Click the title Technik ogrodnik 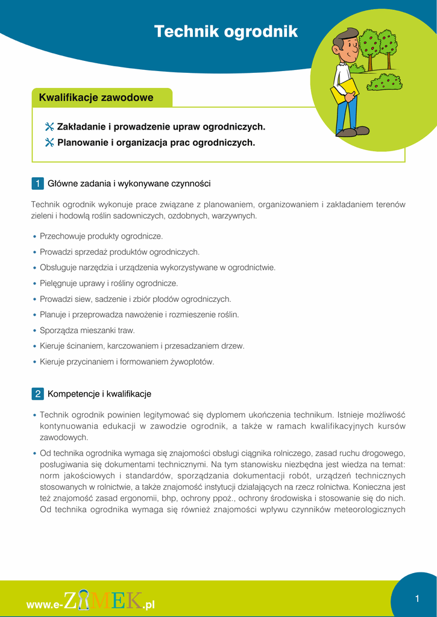226,31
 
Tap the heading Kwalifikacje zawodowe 96,98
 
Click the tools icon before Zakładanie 49,127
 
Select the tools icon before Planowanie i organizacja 49,143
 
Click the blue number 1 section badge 37,183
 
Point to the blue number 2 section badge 37,394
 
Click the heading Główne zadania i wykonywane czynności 129,183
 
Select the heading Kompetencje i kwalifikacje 99,394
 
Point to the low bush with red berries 384,81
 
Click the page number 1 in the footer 417,598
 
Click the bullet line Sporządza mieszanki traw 87,330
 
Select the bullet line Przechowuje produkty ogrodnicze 101,236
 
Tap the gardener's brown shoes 353,131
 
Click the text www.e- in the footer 44,604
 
